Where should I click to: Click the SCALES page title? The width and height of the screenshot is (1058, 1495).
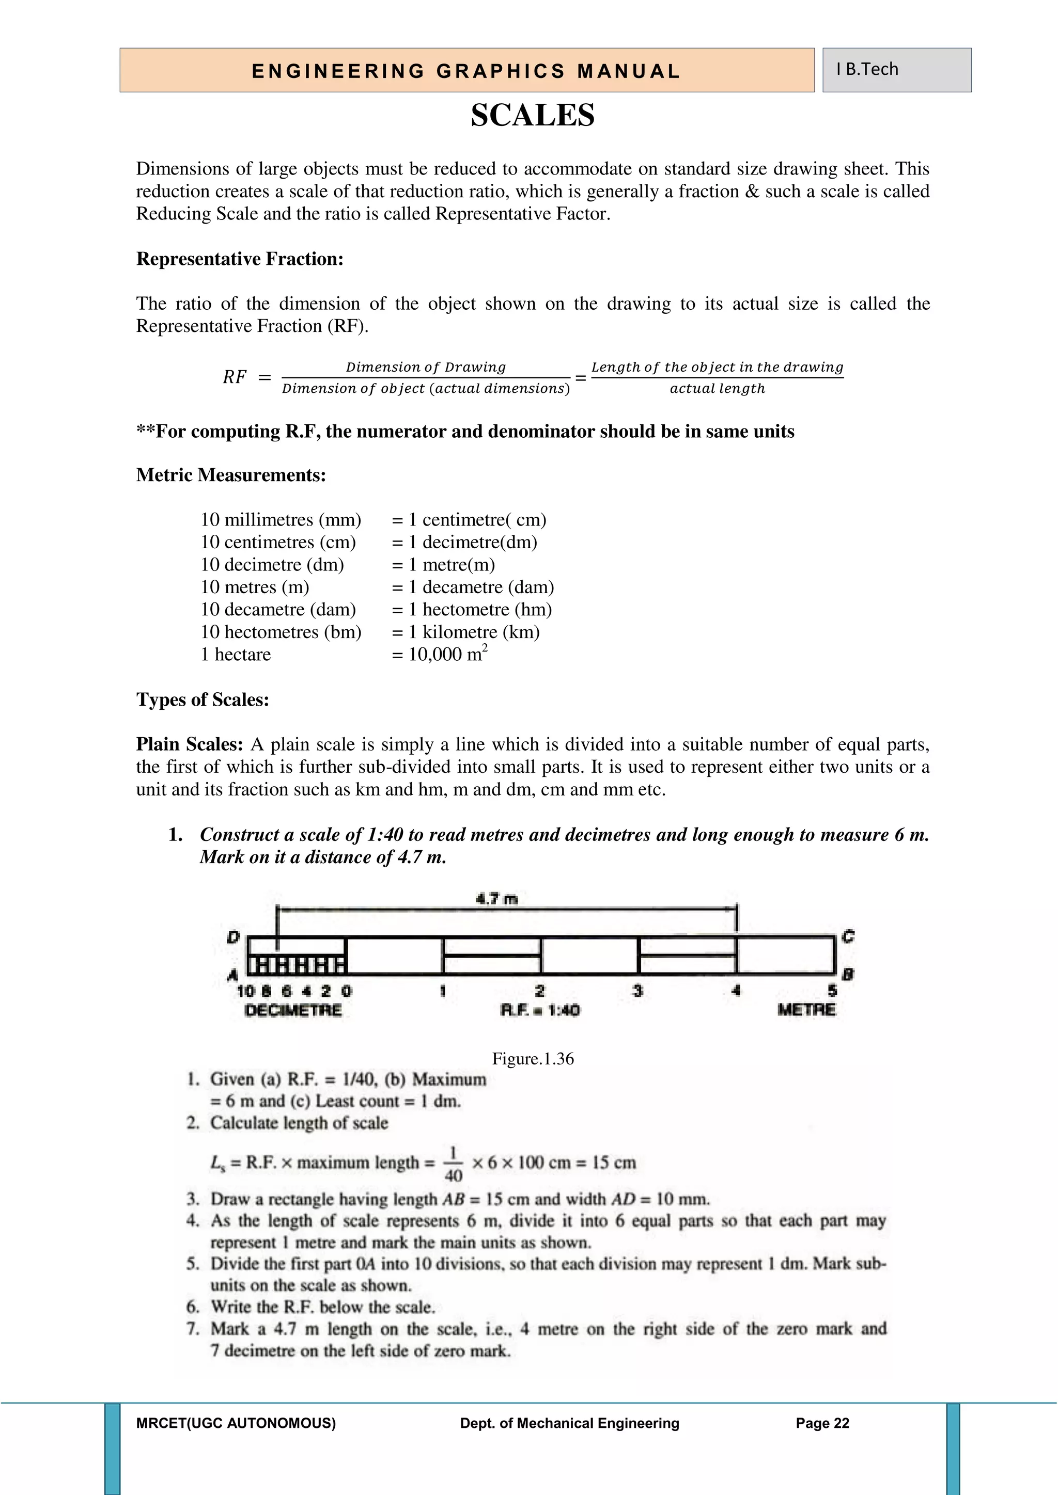[532, 115]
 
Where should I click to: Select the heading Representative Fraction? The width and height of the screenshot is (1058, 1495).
[240, 259]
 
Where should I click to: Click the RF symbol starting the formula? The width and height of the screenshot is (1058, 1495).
[235, 377]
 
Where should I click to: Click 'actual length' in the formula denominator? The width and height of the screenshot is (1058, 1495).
[717, 389]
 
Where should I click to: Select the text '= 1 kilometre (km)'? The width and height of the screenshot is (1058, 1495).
[466, 631]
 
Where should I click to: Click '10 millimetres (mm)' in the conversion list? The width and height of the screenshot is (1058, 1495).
[281, 520]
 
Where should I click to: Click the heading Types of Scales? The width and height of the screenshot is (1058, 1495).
[203, 699]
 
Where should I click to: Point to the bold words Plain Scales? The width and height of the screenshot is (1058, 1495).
[190, 744]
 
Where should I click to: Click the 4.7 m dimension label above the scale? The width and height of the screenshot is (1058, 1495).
[496, 899]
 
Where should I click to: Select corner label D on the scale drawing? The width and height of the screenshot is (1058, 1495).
[233, 937]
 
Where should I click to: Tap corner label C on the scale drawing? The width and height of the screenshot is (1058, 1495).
[848, 937]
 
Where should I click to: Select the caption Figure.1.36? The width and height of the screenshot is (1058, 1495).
[532, 1059]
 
